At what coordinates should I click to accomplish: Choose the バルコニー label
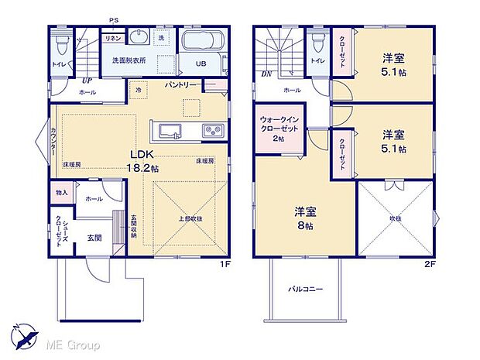[306, 289]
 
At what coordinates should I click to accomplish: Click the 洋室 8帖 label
[303, 218]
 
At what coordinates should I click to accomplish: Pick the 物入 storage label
[62, 192]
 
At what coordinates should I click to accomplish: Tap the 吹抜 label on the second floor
[396, 219]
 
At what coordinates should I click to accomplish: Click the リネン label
[111, 38]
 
